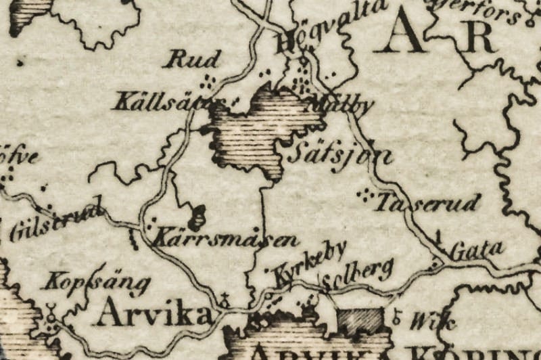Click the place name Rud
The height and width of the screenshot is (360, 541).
tap(193, 60)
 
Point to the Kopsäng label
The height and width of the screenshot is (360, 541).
tap(95, 282)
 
